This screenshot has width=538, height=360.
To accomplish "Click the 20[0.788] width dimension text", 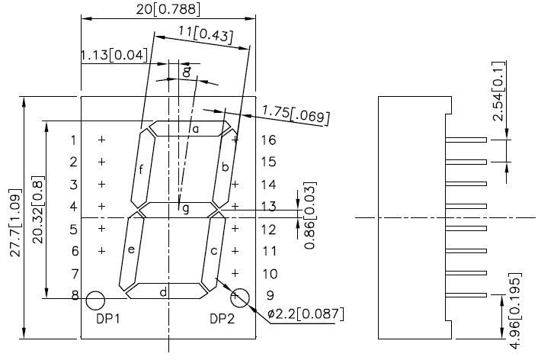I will tap(168, 9).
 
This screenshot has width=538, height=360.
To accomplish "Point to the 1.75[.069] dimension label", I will tap(295, 114).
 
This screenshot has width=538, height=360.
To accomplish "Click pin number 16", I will tap(267, 140).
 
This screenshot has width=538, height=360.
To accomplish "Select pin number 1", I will tap(73, 140).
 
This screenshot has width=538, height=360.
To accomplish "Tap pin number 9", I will tap(268, 295).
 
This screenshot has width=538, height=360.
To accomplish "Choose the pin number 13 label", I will tap(267, 206).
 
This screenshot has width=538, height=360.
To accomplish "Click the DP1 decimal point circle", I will tap(95, 299).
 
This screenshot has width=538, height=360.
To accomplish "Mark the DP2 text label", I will tap(222, 319).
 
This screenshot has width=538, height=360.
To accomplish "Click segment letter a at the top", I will tap(195, 129).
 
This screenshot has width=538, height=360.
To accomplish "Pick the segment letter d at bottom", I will tap(162, 291).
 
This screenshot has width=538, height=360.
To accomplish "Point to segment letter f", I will tap(141, 169).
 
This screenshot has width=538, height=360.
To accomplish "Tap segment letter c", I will tap(214, 250).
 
